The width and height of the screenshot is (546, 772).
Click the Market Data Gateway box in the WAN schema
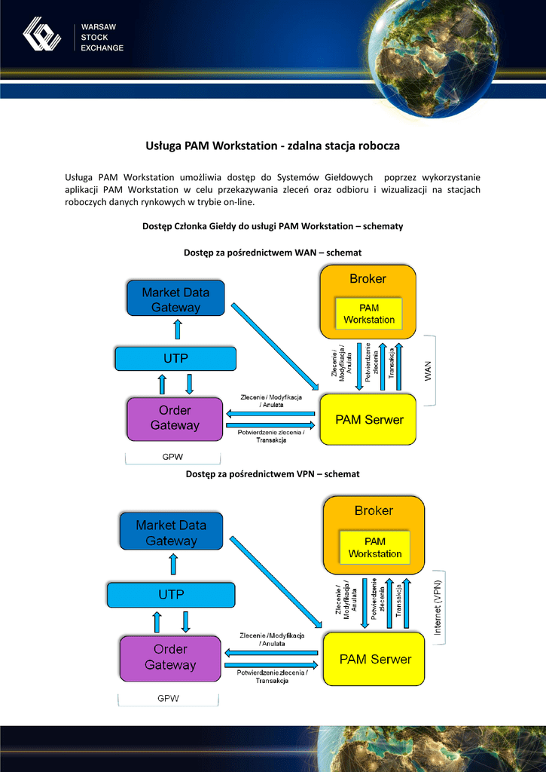(x=175, y=299)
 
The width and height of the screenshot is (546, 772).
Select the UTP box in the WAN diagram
(x=175, y=359)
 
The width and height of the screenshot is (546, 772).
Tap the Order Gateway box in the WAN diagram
(x=175, y=418)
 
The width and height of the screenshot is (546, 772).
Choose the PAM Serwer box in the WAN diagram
(x=369, y=419)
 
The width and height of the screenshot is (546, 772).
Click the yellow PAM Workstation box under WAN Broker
(x=369, y=314)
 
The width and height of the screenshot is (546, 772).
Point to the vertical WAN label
(x=429, y=371)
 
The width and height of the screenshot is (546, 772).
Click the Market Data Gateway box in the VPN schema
(x=171, y=532)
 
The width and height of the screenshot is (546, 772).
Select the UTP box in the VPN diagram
(x=171, y=595)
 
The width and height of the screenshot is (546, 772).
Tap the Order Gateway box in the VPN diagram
(x=169, y=657)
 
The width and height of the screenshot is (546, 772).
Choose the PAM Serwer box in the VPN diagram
(x=375, y=659)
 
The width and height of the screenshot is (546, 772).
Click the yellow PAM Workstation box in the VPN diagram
(x=374, y=547)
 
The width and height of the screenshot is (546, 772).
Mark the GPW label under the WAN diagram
(x=172, y=457)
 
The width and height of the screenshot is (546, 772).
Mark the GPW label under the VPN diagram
(x=168, y=698)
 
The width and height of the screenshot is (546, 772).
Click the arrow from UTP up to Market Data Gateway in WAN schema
(x=178, y=329)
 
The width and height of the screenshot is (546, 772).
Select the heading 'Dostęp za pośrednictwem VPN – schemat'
(x=273, y=473)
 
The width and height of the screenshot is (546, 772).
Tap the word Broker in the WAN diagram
(x=368, y=279)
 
